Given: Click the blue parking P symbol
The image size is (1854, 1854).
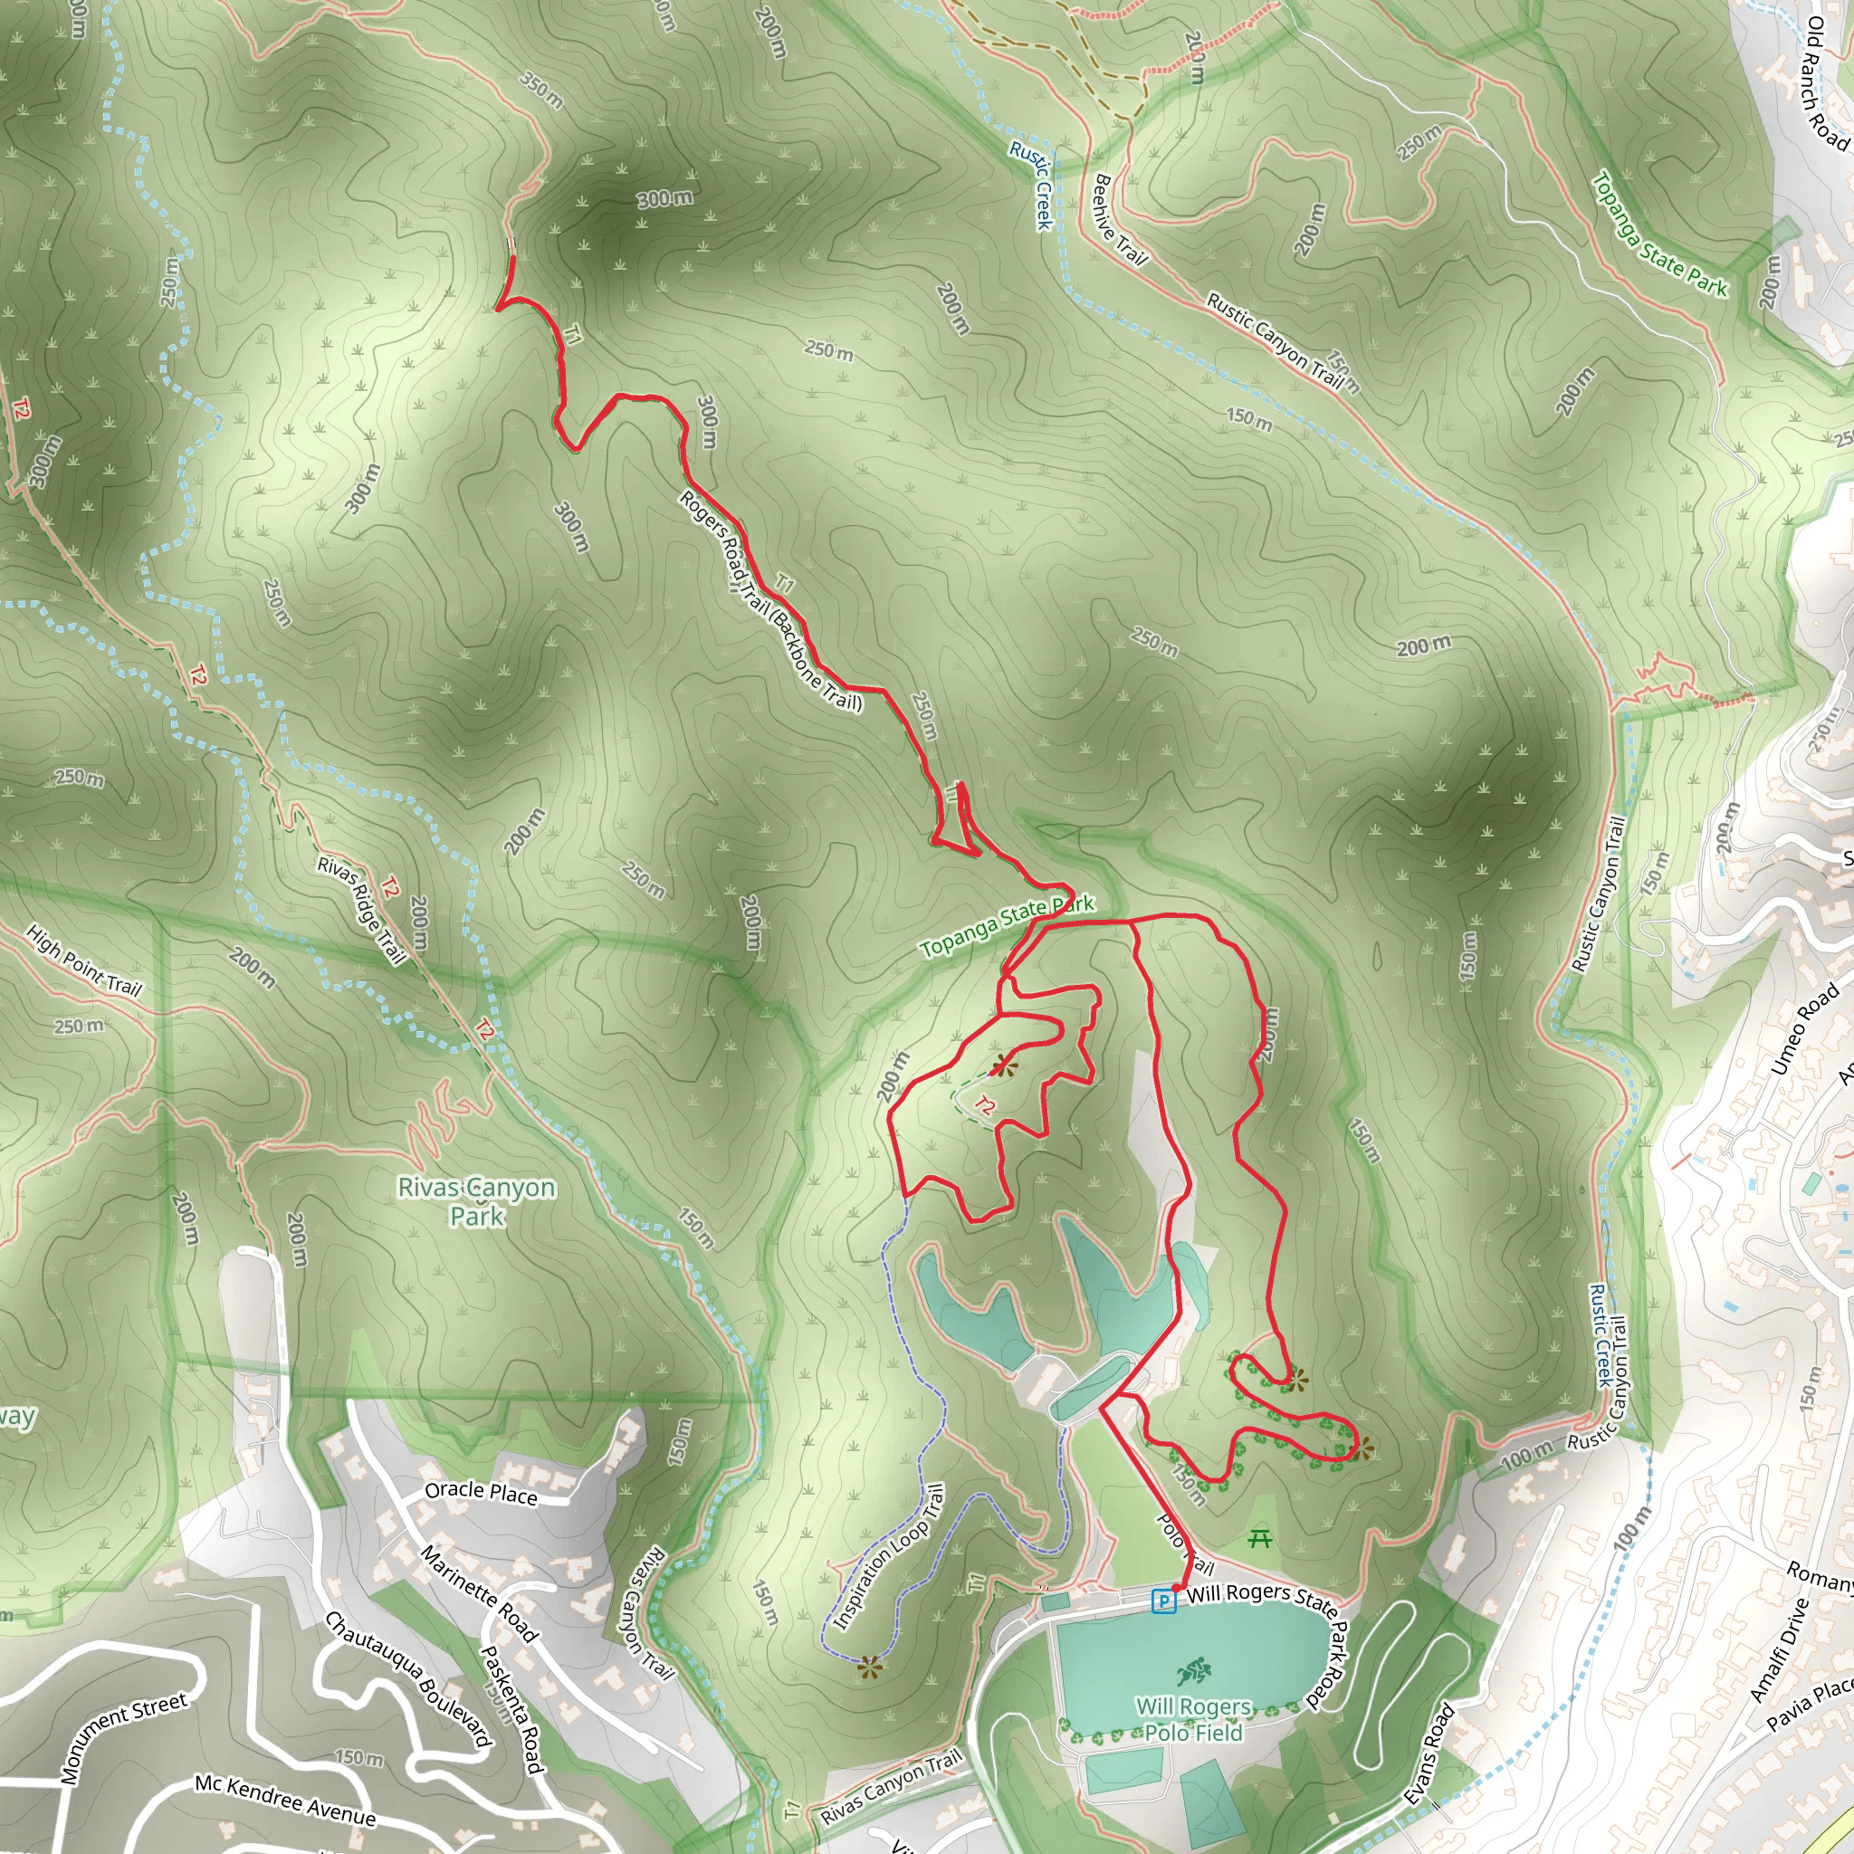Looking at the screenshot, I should (1163, 1601).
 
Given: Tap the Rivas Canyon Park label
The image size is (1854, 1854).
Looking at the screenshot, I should (477, 1201).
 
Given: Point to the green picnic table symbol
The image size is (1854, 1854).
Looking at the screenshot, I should (1260, 1538).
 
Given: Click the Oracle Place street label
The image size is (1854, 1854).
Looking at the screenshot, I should (481, 1492).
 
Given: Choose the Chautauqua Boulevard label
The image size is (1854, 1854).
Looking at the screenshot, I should (408, 1680).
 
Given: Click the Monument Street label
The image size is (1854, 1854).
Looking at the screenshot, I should (124, 1738).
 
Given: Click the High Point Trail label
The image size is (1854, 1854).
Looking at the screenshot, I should (83, 960).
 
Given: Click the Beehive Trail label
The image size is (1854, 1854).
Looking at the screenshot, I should (1120, 219).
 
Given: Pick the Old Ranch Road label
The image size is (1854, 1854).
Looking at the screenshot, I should (1826, 83).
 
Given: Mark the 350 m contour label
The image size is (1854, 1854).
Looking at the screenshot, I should (541, 89).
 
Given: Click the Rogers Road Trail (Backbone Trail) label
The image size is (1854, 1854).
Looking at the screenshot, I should (770, 601).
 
